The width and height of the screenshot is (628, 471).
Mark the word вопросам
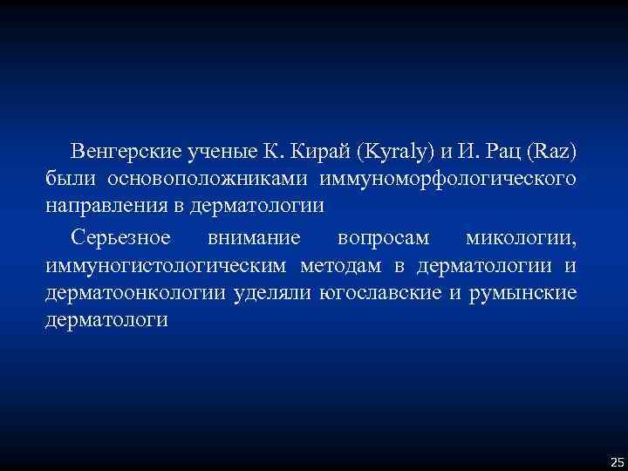click(384, 237)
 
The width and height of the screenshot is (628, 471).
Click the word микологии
click(521, 237)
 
